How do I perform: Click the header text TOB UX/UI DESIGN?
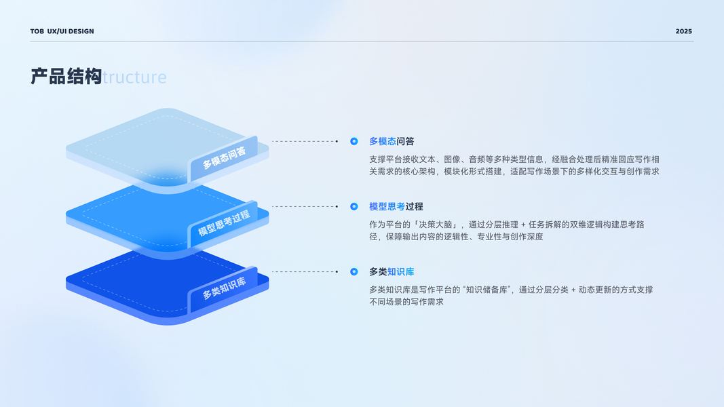(62, 31)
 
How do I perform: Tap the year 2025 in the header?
(683, 31)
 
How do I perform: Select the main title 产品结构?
(66, 76)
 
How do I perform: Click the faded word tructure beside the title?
(134, 77)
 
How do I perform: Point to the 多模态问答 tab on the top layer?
(224, 157)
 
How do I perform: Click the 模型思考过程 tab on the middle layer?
(224, 223)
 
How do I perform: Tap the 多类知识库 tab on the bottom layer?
(224, 288)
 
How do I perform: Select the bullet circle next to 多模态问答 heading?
(354, 141)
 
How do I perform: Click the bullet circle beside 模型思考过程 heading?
(354, 206)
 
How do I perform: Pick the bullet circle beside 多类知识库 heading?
(354, 272)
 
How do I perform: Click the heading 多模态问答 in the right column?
(392, 141)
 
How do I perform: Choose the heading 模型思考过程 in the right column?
(396, 206)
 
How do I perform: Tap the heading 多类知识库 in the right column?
(392, 272)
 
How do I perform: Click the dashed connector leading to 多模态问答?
(305, 141)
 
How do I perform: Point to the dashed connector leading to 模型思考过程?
(305, 206)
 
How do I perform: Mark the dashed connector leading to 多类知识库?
(305, 272)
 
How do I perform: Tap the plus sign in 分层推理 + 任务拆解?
(523, 225)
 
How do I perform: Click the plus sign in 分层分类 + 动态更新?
(573, 290)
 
